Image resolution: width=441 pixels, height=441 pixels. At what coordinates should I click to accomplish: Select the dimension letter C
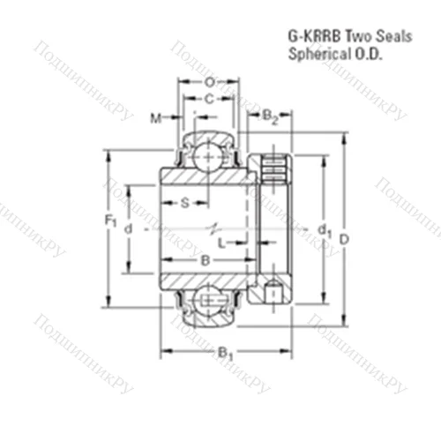[209, 100]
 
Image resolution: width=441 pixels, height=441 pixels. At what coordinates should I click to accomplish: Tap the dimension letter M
[155, 118]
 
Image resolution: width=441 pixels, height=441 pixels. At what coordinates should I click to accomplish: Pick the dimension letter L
[222, 243]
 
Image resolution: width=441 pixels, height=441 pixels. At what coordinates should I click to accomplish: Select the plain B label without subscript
[205, 261]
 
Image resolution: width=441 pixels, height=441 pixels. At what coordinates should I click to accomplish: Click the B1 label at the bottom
[226, 355]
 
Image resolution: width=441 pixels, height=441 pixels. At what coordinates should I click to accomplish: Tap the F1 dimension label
[110, 220]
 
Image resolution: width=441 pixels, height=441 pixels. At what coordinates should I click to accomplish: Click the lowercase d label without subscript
[129, 229]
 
